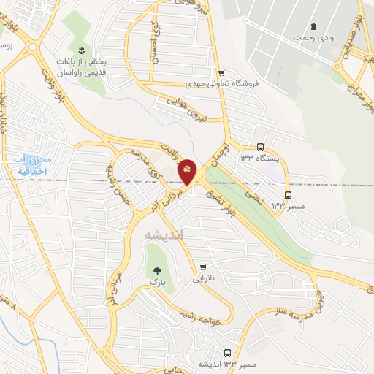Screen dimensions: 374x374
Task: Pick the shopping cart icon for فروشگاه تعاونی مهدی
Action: (x=221, y=72)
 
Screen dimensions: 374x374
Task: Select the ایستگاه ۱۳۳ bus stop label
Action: (x=261, y=159)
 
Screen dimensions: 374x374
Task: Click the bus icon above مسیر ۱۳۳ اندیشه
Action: (x=228, y=353)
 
